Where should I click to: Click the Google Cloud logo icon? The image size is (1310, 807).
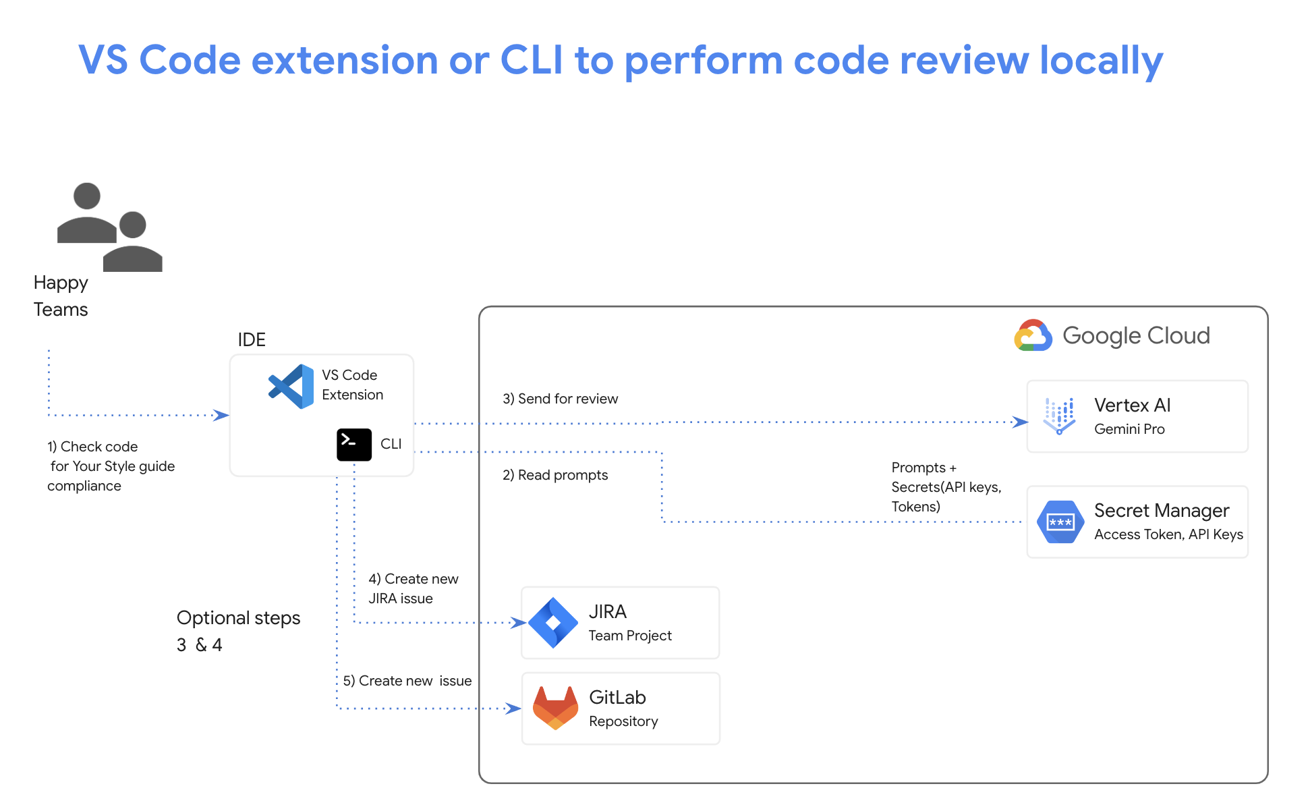coord(1033,336)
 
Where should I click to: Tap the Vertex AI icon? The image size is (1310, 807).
coord(1059,416)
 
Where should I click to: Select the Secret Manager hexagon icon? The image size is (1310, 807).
coord(1060,522)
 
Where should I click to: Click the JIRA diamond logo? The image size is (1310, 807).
coord(553,622)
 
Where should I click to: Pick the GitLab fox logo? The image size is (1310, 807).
coord(555,708)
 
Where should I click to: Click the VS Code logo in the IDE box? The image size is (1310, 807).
coord(291,387)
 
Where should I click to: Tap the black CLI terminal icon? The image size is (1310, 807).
coord(354,445)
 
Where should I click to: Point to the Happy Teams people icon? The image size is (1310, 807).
coord(109,227)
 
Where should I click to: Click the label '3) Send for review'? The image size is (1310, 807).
coord(560,399)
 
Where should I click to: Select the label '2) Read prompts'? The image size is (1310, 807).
coord(554,475)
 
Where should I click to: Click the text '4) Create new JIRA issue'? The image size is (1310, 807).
coord(413,588)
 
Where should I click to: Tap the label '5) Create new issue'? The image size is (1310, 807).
coord(407,681)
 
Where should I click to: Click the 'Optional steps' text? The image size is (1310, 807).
coord(238,618)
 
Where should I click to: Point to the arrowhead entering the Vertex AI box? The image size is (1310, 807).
coord(1021,422)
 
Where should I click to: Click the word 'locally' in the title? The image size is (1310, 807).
coord(1101,61)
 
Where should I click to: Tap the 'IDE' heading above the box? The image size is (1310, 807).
coord(252,339)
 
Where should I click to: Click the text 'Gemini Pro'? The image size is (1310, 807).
coord(1129,429)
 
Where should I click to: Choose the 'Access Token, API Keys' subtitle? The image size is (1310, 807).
coord(1168,534)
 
